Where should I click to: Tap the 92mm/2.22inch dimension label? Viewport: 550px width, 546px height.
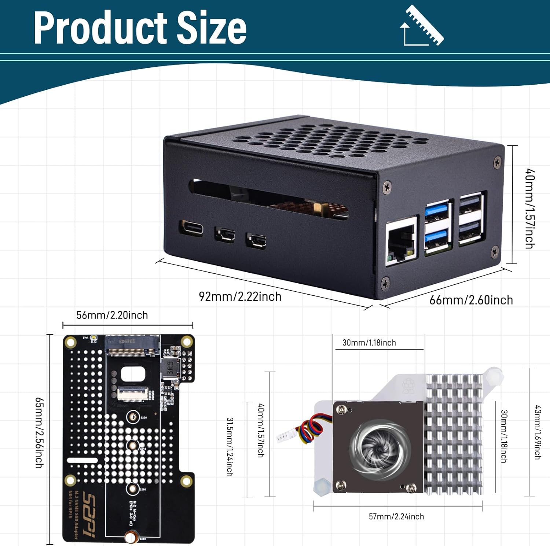point(240,296)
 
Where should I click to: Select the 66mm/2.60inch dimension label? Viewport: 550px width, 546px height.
point(471,300)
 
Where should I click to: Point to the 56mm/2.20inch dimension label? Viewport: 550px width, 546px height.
point(112,315)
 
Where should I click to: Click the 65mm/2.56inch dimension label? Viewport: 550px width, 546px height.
point(39,433)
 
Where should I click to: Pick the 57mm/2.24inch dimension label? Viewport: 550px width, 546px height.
point(396,517)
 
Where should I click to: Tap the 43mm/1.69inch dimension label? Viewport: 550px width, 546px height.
point(537,432)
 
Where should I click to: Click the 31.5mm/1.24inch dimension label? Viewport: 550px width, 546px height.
point(230,447)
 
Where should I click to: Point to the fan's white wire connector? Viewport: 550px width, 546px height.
point(283,436)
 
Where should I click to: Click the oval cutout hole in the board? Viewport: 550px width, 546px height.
point(133,374)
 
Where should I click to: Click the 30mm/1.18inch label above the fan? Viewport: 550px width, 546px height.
point(369,343)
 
